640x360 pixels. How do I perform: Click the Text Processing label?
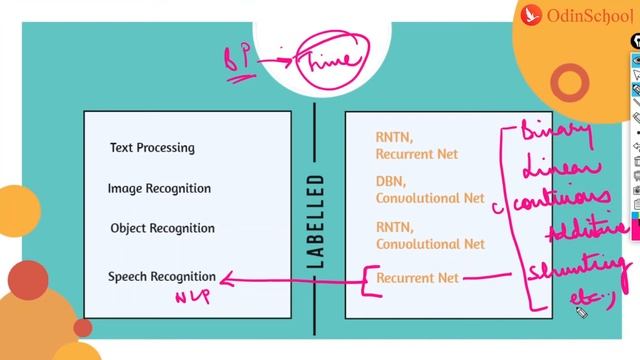[152, 148]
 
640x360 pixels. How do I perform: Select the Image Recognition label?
[159, 188]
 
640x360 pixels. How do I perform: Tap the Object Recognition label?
[162, 228]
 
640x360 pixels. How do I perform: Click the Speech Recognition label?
[162, 276]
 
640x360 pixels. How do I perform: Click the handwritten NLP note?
[192, 296]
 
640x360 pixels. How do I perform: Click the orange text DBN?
[390, 183]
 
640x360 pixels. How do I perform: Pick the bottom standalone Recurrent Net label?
[417, 278]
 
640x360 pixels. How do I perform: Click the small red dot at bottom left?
[82, 327]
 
